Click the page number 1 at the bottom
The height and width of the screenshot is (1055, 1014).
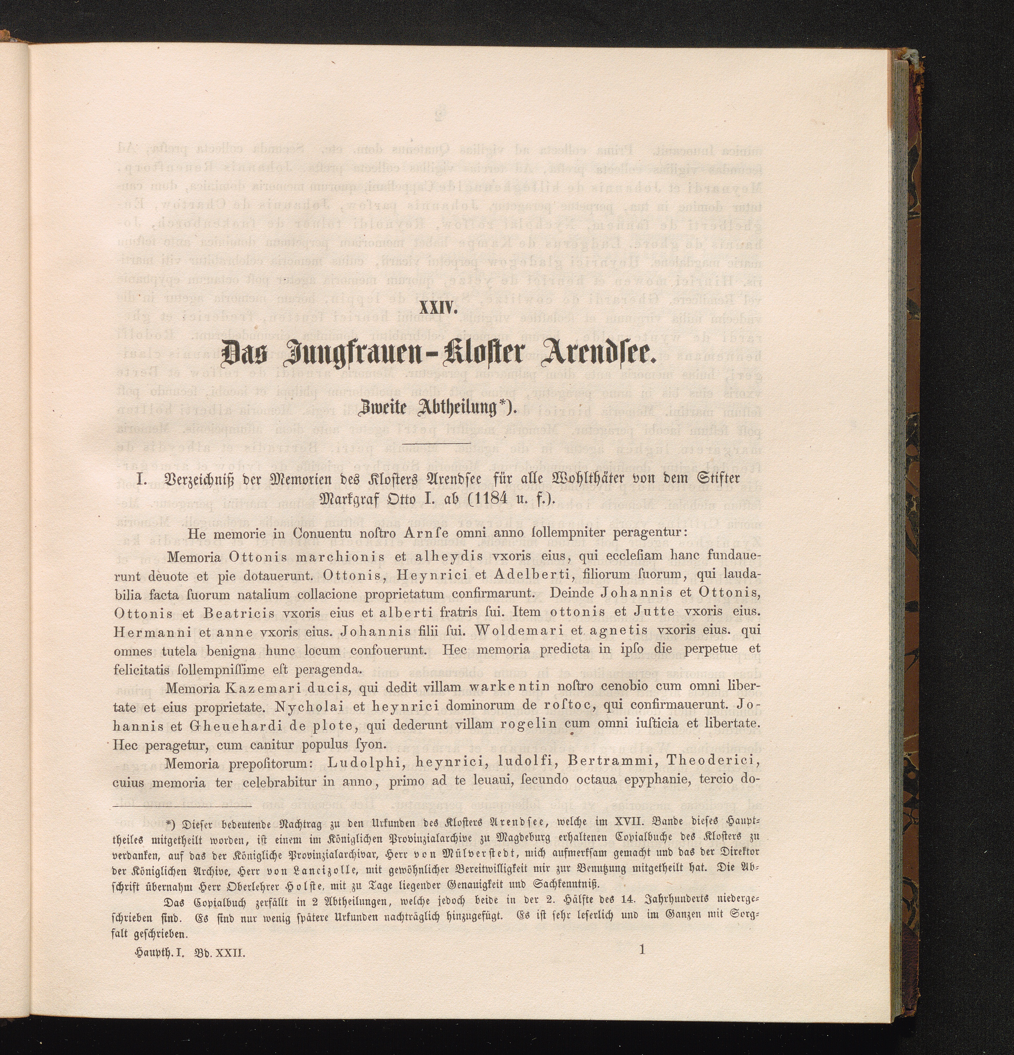coord(642,949)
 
